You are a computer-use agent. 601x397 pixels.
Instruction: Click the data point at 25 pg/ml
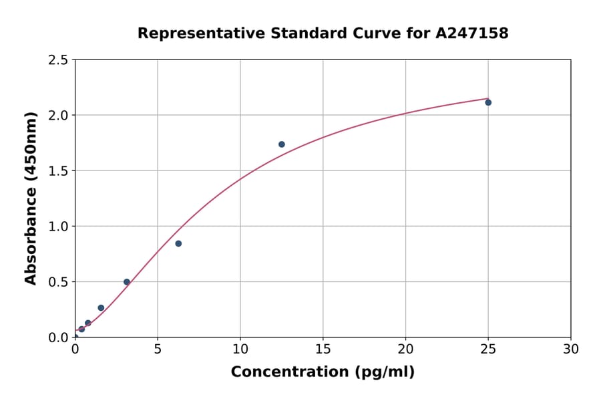pos(488,102)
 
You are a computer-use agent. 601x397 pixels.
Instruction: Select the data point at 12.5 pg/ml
pos(282,144)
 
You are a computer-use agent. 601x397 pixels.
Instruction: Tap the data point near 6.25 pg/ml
pos(178,243)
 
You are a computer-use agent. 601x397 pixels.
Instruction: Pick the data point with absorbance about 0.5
pos(127,282)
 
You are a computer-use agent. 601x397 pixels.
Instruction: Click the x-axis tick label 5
pos(158,349)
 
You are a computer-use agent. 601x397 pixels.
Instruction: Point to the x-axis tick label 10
pos(240,349)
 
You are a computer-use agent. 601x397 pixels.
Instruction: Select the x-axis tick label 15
pos(323,349)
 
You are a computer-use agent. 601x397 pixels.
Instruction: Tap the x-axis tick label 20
pos(405,349)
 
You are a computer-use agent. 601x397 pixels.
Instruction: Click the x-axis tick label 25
pos(488,349)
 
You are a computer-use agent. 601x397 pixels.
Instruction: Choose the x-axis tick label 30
pos(571,349)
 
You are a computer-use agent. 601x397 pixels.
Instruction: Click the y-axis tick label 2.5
pos(59,60)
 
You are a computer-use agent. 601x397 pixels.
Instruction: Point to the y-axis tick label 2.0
pos(59,116)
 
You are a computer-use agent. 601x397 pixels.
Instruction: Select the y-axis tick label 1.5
pos(59,171)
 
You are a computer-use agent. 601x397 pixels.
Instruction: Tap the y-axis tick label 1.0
pos(59,227)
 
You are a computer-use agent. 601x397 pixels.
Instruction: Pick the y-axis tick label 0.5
pos(59,282)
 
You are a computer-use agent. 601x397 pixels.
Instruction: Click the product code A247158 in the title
pos(472,33)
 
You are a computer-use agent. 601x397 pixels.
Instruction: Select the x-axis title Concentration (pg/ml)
pos(323,372)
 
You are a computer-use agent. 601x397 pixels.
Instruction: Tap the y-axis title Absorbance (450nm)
pos(31,198)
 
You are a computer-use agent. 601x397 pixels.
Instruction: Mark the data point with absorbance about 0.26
pos(101,308)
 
